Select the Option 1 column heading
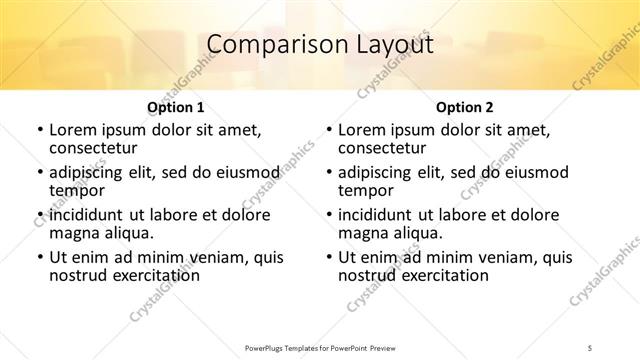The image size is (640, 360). (175, 107)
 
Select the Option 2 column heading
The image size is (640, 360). (465, 107)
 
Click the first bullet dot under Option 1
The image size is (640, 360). (39, 131)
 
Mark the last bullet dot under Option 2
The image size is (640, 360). (329, 257)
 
